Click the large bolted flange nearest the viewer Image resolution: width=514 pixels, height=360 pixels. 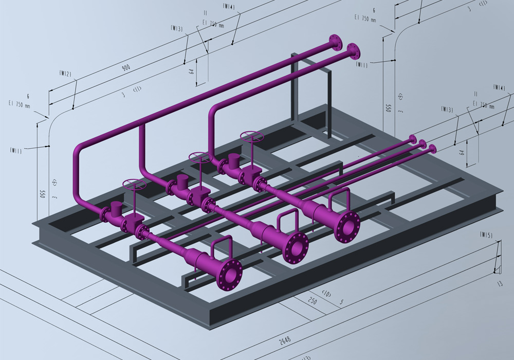point(229,274)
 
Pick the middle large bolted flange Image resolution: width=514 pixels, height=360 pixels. point(296,247)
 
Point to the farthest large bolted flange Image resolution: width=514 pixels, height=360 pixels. point(347,225)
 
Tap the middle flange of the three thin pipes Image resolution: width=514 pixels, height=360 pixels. point(422,143)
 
